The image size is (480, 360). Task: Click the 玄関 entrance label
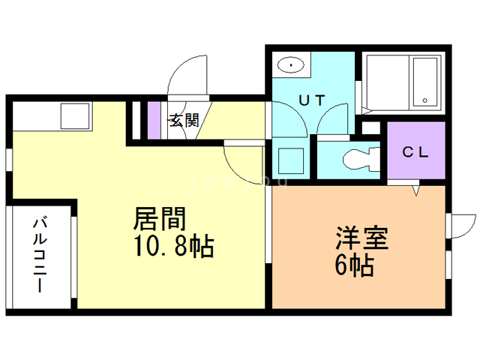(182, 120)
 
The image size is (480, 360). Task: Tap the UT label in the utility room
(313, 100)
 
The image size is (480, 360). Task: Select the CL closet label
(415, 152)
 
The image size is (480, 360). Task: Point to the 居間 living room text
(160, 219)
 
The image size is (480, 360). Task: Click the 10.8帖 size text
(172, 245)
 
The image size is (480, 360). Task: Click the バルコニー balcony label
(40, 254)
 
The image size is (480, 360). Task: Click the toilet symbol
(360, 160)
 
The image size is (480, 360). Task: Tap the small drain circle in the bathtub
(424, 99)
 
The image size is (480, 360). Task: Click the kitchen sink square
(75, 115)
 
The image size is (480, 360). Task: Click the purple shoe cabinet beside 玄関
(154, 119)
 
